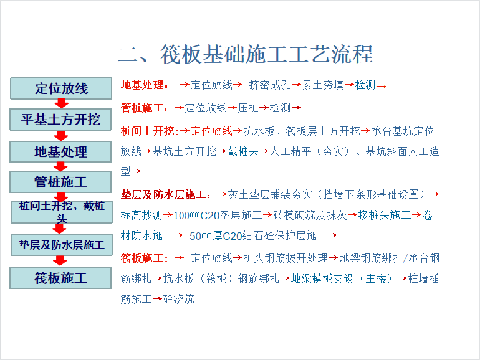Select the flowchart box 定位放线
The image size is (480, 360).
[61, 88]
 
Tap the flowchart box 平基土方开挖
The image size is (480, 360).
[60, 120]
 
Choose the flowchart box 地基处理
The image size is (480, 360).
[60, 151]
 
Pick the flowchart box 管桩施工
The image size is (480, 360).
[60, 182]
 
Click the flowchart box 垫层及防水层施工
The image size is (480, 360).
[62, 245]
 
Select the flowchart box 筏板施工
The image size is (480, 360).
[60, 278]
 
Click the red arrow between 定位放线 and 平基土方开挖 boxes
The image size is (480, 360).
[62, 103]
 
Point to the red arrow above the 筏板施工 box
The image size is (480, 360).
[60, 260]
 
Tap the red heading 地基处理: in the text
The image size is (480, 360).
[145, 85]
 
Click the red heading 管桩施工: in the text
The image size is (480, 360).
[144, 108]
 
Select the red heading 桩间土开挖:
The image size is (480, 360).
[150, 131]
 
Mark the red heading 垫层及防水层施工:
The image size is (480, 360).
[166, 194]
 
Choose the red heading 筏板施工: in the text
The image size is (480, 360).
[144, 258]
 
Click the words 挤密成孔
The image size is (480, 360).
[270, 85]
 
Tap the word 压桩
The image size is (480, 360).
[248, 108]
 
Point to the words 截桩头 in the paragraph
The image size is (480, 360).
[242, 151]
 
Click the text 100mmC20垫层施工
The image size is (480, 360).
[218, 216]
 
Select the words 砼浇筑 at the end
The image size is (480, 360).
[178, 299]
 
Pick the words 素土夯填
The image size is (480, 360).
[323, 85]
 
